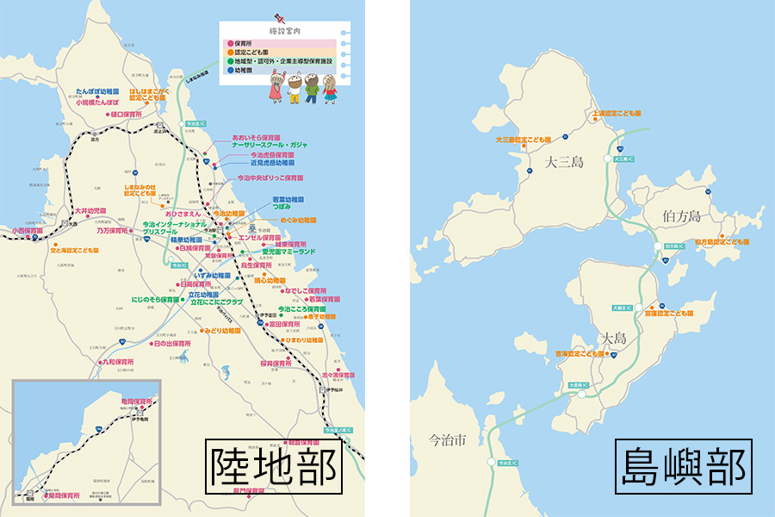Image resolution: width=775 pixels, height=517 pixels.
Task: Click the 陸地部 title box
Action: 273,468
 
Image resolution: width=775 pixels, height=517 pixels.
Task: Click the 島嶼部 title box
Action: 683,468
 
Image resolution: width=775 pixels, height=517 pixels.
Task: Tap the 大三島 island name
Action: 564,161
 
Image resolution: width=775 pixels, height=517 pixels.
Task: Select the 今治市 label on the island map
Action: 448,439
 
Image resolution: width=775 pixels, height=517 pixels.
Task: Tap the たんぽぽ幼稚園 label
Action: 97,90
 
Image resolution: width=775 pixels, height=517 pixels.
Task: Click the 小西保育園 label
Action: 28,231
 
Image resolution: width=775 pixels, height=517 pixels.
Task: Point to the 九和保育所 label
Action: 119,363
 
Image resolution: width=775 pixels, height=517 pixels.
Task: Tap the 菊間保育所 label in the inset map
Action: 65,496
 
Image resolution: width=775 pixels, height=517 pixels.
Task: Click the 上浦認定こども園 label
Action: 617,113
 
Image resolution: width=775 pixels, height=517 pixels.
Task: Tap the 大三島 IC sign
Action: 623,159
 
